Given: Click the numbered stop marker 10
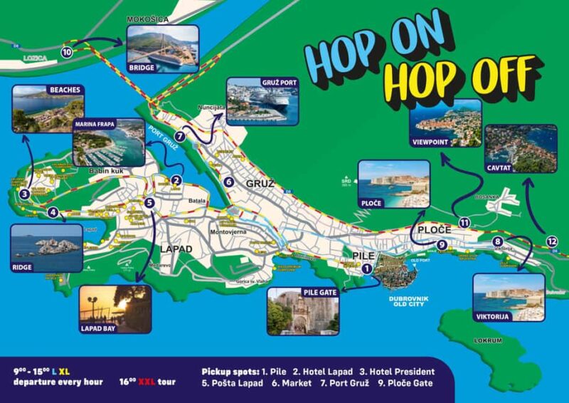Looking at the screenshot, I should [x=67, y=52].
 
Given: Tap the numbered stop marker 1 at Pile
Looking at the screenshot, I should [x=366, y=268].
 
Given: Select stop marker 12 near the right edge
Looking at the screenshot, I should [x=553, y=241].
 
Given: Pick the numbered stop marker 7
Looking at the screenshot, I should [x=180, y=136].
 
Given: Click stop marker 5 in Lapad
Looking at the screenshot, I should [x=149, y=202].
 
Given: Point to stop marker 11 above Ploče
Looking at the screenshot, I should [x=464, y=223].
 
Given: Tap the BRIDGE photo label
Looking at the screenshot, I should [x=142, y=68].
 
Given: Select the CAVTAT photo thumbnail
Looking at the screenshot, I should [x=521, y=149].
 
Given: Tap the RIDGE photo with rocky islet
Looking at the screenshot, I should [x=47, y=247].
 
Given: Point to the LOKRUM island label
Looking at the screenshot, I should [x=488, y=340].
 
